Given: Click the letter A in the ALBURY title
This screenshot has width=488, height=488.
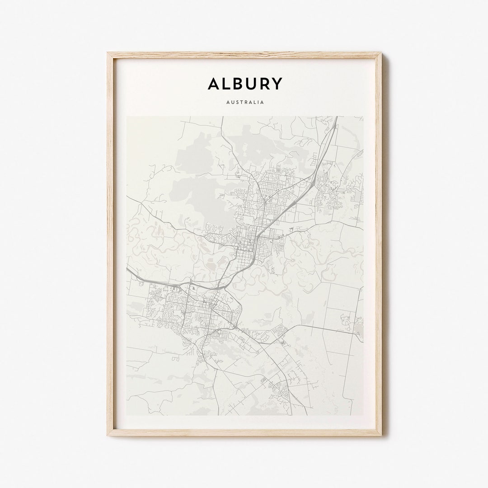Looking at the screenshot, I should click(x=215, y=84).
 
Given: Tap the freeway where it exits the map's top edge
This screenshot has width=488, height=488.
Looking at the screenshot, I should click(x=336, y=117).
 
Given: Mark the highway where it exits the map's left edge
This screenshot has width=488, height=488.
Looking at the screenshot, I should click(x=128, y=269).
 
